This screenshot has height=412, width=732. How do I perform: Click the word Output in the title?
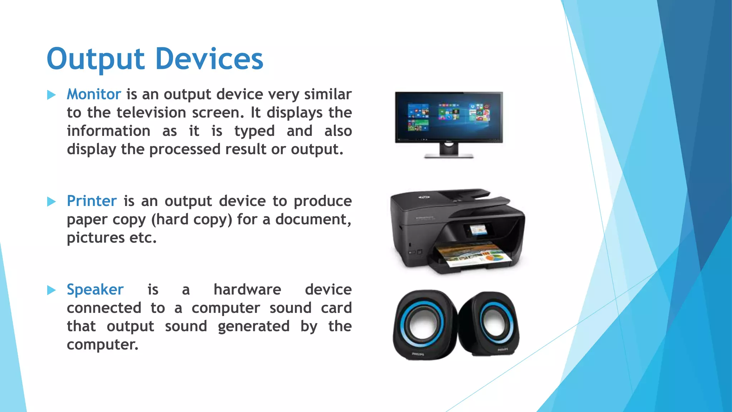pyautogui.click(x=95, y=59)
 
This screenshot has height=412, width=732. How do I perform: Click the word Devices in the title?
pyautogui.click(x=209, y=59)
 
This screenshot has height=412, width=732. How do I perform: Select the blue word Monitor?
pyautogui.click(x=94, y=94)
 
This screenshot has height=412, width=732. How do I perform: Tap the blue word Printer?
pyautogui.click(x=92, y=201)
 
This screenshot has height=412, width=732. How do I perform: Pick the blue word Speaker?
pyautogui.click(x=95, y=290)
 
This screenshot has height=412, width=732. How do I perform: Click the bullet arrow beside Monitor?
pyautogui.click(x=51, y=95)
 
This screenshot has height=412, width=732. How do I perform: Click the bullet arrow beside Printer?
pyautogui.click(x=51, y=202)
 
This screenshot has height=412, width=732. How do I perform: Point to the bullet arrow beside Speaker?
pyautogui.click(x=51, y=290)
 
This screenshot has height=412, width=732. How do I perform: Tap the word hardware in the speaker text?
pyautogui.click(x=247, y=290)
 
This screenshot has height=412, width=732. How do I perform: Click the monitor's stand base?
pyautogui.click(x=449, y=156)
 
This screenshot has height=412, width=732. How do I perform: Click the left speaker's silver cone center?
pyautogui.click(x=423, y=325)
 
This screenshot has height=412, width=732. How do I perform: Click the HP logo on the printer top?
pyautogui.click(x=424, y=197)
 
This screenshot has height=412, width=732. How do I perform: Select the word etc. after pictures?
pyautogui.click(x=143, y=238)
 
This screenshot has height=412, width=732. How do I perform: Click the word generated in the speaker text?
pyautogui.click(x=253, y=327)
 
